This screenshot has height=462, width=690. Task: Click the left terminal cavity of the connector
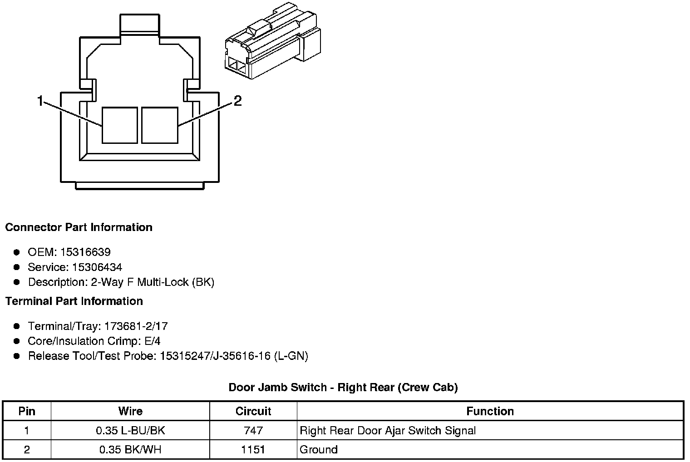pos(120,125)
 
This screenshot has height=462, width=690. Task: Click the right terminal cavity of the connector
pos(160,125)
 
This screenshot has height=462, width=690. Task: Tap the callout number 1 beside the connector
pos(40,101)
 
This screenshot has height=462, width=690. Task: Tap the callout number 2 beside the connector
pos(237,101)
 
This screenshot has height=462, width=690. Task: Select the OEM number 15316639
pos(85,252)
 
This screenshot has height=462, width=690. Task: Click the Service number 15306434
pos(97,267)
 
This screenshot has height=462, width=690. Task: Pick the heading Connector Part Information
pos(79,227)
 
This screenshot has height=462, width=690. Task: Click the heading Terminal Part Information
pos(74,301)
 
